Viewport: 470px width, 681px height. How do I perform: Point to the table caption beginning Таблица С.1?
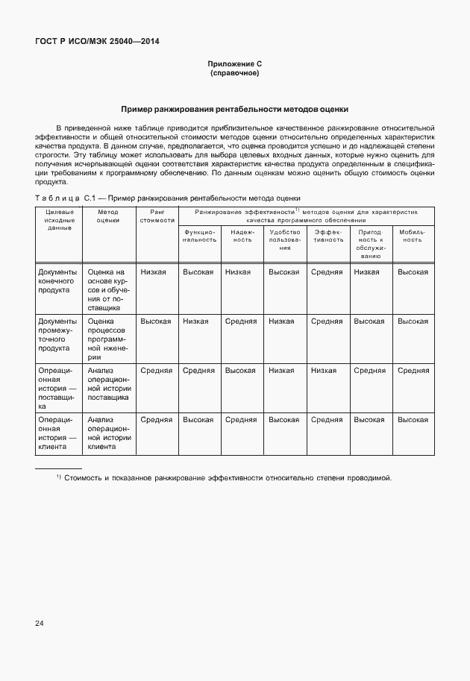pos(167,198)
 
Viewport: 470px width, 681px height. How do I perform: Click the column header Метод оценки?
pos(108,216)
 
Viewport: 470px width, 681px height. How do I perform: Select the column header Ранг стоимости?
pos(157,216)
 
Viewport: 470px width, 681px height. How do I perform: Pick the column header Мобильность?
pos(413,236)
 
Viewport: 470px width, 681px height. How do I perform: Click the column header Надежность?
pos(242,236)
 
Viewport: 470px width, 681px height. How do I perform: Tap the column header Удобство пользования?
pos(284,239)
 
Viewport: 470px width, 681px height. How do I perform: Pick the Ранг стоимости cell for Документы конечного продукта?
pos(157,272)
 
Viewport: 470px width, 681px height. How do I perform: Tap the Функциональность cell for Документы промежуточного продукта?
pos(198,321)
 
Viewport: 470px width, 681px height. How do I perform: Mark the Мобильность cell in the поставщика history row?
pos(413,370)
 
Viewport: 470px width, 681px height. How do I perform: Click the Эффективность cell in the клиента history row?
pos(327,420)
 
